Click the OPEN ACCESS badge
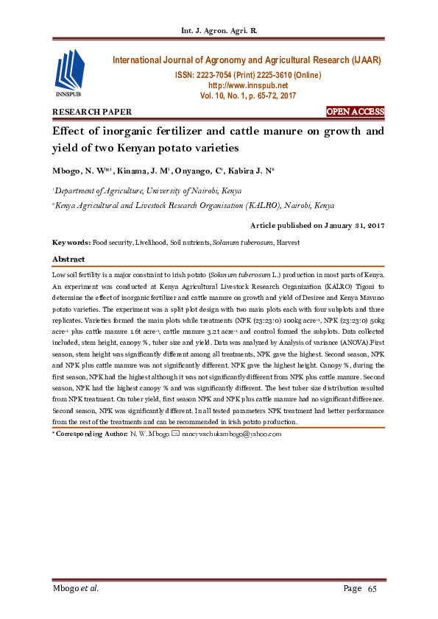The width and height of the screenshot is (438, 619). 356,112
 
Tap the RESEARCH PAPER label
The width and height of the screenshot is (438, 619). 92,112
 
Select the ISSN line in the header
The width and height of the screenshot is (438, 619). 247,76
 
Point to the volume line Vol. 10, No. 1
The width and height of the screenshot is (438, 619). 247,96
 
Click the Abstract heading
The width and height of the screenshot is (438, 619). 68,260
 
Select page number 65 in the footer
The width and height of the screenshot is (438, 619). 372,588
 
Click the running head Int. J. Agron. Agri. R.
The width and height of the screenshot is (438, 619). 219,31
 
